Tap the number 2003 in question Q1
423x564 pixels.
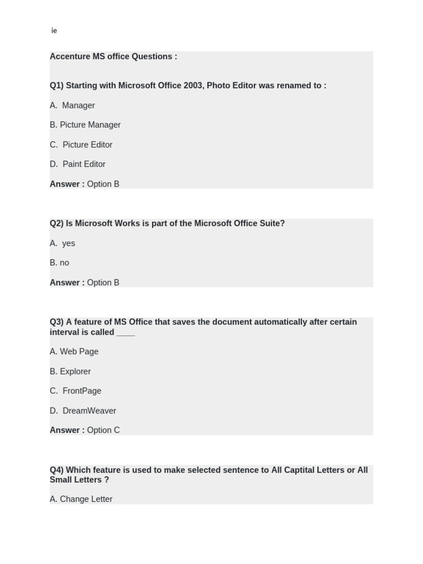click(193, 85)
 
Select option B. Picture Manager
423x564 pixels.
click(85, 125)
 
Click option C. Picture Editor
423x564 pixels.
click(81, 145)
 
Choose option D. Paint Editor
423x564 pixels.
click(78, 164)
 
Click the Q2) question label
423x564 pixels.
click(56, 224)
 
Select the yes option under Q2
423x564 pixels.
click(68, 243)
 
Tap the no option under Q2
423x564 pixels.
click(64, 263)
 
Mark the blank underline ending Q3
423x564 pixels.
click(126, 333)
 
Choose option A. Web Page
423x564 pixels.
click(74, 351)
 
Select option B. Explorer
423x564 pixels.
click(70, 371)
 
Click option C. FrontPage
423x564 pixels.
click(75, 391)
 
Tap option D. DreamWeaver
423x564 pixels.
click(83, 411)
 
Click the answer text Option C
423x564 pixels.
click(103, 430)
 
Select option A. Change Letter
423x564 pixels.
click(81, 499)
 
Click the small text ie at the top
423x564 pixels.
click(54, 31)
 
